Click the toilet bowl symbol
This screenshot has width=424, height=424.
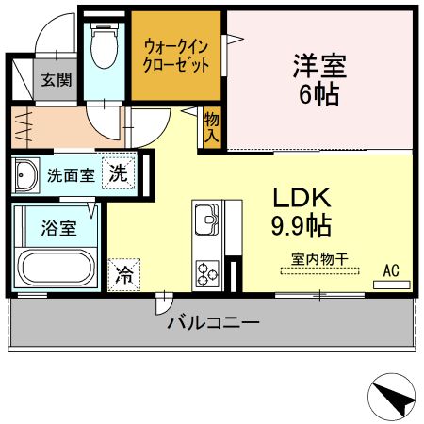[x=105, y=45]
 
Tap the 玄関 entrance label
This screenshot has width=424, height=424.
[x=57, y=79]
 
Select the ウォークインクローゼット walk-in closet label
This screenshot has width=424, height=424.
[x=176, y=57]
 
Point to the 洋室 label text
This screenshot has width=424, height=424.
[x=319, y=66]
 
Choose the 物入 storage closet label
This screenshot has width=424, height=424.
[x=212, y=127]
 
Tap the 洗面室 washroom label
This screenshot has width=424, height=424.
[x=71, y=175]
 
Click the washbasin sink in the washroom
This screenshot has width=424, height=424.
[x=25, y=175]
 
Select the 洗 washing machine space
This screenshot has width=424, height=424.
[x=119, y=173]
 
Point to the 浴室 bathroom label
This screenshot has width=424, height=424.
[x=59, y=228]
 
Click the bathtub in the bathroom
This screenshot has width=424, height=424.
[x=57, y=268]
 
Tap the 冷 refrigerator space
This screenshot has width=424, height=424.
[x=123, y=275]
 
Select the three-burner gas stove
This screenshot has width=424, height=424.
[x=207, y=274]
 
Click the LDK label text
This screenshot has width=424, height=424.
[x=302, y=198]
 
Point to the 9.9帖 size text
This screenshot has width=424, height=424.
[x=302, y=225]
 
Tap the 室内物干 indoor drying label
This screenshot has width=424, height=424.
[x=319, y=259]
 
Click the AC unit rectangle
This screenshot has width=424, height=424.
[x=392, y=285]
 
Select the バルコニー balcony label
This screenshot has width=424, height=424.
[x=213, y=322]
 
